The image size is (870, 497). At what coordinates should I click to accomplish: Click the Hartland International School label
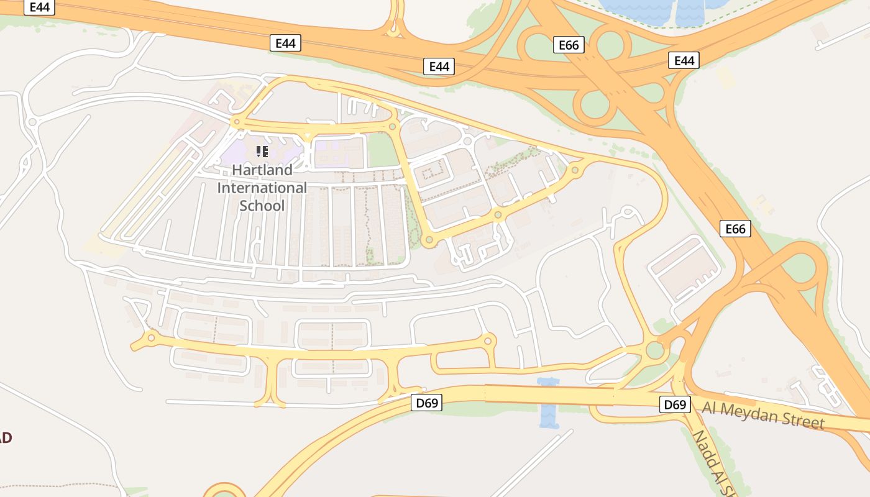coord(262,188)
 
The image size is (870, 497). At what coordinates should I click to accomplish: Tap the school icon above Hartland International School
coord(262,151)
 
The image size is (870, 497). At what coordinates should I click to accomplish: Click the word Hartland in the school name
coord(262,170)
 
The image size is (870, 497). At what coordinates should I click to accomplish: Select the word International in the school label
coord(262,188)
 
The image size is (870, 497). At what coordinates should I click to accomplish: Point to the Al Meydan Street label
coord(764,414)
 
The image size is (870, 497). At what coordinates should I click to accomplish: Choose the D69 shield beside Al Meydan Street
coord(675,405)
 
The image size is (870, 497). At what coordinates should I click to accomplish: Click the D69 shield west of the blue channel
coord(427,403)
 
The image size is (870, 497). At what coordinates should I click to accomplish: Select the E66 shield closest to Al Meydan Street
coord(735,229)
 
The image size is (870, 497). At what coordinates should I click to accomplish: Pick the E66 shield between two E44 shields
coord(569,45)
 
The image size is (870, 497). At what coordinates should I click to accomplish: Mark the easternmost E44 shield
coord(684,60)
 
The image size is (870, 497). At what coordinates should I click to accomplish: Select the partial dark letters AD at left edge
coord(5,437)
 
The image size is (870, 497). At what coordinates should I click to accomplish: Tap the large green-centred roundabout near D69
coord(655,350)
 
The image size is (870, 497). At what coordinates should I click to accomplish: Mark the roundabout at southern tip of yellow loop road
coord(428,240)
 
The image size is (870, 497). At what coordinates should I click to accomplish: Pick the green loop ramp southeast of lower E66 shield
coord(801,268)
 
